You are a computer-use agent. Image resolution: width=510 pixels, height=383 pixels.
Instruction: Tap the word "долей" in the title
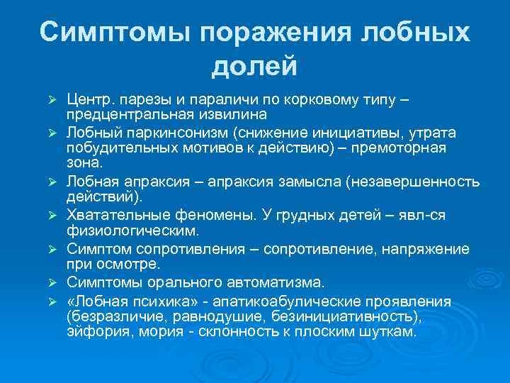pyautogui.click(x=254, y=67)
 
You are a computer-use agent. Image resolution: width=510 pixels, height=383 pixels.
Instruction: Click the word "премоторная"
pyautogui.click(x=402, y=147)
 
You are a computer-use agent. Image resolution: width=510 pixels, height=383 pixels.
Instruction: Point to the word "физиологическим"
pyautogui.click(x=132, y=230)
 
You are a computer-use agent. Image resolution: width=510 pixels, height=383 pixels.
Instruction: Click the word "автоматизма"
pyautogui.click(x=266, y=282)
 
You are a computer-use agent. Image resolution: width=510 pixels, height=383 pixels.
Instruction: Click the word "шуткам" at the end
pyautogui.click(x=392, y=331)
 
